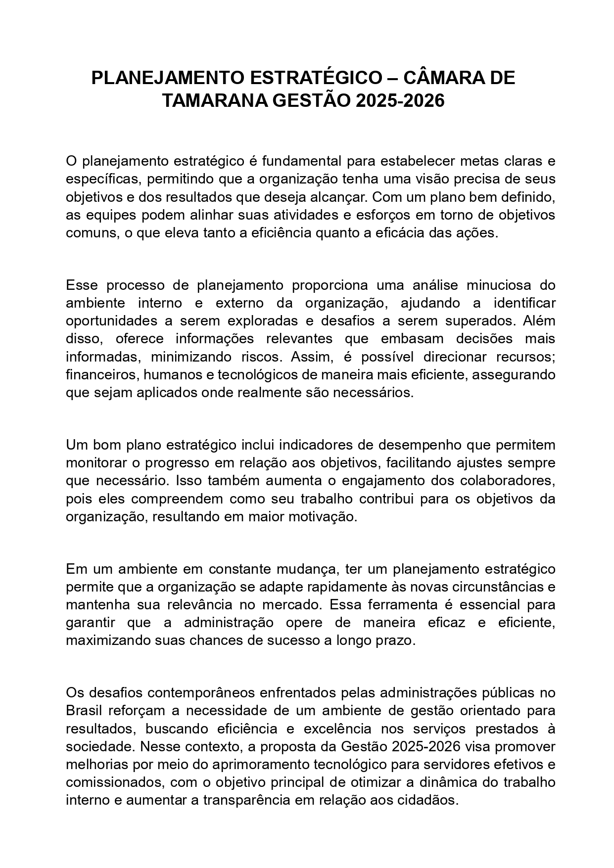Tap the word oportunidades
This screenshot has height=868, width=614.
[x=112, y=321]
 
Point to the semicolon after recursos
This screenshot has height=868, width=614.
[x=554, y=357]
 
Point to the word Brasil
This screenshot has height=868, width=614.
[x=84, y=711]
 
